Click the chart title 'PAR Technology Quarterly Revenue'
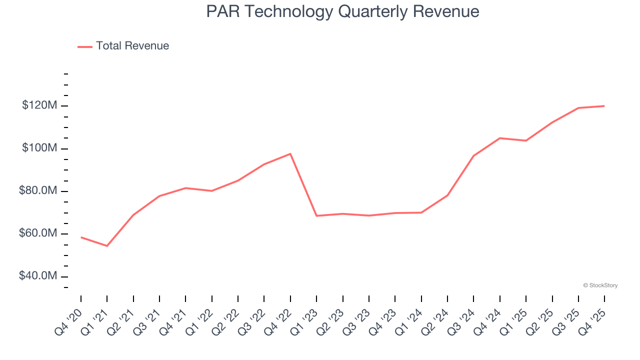342,11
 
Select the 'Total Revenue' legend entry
132,46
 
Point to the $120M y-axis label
39,106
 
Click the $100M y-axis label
39,149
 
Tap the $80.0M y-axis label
38,191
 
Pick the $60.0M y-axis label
38,234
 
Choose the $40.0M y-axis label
38,276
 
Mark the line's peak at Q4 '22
290,153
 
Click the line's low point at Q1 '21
107,246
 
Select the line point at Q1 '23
316,215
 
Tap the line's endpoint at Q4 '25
604,106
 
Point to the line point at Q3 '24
473,156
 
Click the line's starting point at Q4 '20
81,237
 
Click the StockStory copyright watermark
600,285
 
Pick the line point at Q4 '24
500,138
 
